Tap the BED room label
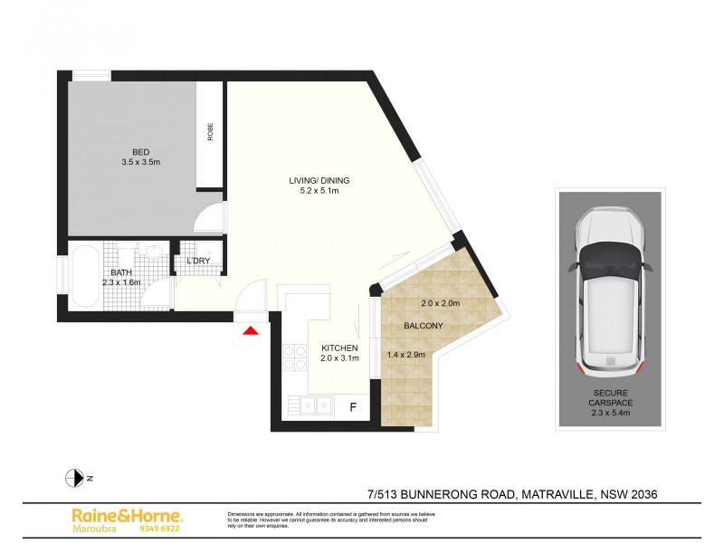point(140,152)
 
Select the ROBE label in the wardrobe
point(210,132)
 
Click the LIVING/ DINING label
point(313,181)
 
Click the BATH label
point(121,272)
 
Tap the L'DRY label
point(198,262)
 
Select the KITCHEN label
point(340,348)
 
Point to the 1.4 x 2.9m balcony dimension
point(407,355)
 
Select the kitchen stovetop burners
point(294,358)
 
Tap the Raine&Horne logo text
point(127,515)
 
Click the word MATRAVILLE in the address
point(556,494)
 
